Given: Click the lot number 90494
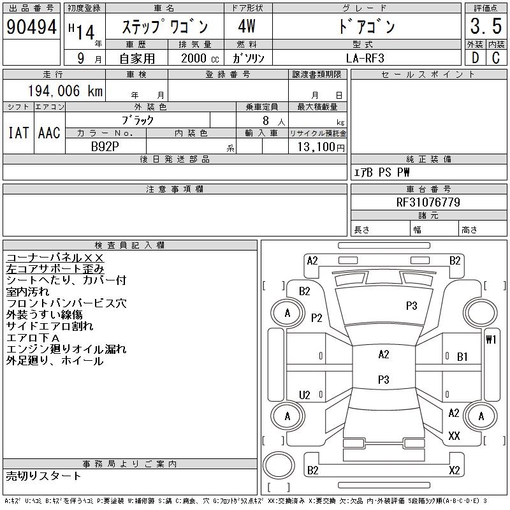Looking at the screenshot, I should click(30, 27).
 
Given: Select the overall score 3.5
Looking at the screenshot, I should click(484, 27).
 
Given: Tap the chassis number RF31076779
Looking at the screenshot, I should click(428, 202).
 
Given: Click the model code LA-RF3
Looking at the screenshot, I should click(366, 57).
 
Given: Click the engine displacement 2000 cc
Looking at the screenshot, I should click(193, 57).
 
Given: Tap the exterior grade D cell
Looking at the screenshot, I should click(474, 57).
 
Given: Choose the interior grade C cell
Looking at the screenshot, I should click(495, 57).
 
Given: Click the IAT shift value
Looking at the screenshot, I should click(18, 133).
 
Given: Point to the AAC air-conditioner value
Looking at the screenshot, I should click(49, 133).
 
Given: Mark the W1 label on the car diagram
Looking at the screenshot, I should click(491, 339).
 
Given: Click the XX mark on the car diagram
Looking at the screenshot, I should click(454, 436).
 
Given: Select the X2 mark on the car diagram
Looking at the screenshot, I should click(454, 470).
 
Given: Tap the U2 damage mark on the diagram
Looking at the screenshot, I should click(305, 395).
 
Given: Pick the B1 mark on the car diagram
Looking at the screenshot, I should click(463, 357).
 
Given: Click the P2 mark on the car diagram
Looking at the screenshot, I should click(317, 317).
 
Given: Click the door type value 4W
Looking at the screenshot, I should click(247, 27).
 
